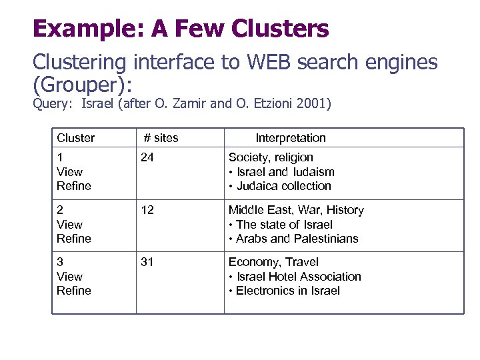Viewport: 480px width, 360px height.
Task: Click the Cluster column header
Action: coord(75,138)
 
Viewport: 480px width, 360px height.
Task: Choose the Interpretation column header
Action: coord(291,138)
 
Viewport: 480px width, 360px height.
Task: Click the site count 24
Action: coord(147,157)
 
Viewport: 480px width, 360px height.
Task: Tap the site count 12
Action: coord(147,210)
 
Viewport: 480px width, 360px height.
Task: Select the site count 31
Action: coord(147,262)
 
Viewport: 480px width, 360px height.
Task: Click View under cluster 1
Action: coord(70,172)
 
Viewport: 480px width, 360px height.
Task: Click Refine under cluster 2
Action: coord(74,239)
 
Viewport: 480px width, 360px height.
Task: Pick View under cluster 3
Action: coord(70,277)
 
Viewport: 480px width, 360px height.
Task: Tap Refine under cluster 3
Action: coord(74,291)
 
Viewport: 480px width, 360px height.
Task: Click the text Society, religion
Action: coord(271,157)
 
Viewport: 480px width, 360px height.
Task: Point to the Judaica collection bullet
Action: coord(283,186)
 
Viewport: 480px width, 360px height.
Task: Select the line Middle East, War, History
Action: coord(296,210)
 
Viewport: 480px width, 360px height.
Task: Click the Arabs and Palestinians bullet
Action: coord(297,239)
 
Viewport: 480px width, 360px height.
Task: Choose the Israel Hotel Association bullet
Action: coord(299,277)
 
